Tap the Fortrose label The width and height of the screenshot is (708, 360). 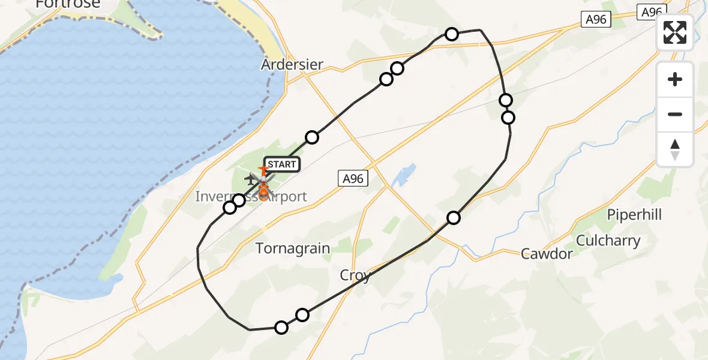(67, 4)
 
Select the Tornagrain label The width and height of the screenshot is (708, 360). (293, 248)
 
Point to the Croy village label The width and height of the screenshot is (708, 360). (355, 275)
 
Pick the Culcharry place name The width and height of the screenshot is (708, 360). (608, 241)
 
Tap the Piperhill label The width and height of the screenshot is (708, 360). (634, 214)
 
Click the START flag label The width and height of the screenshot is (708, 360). (280, 164)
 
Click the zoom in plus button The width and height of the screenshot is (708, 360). (675, 79)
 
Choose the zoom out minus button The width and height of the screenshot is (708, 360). (675, 114)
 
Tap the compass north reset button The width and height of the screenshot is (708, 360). (675, 149)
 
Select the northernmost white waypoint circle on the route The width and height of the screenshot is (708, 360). (452, 34)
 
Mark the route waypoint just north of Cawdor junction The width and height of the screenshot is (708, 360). (454, 217)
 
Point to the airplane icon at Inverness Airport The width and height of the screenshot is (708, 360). (250, 178)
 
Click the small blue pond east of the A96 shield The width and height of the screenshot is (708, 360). (403, 175)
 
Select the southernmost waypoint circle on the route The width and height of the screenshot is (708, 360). (281, 327)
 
